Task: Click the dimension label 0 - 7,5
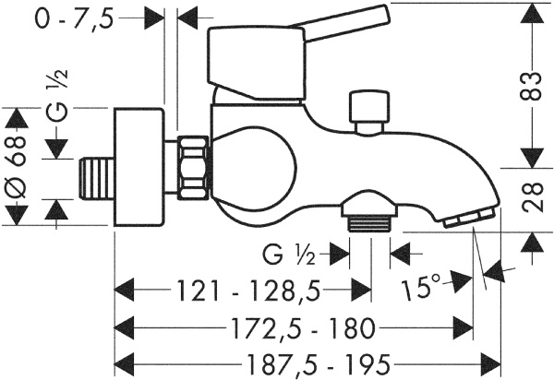(75, 18)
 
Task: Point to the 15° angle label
(423, 290)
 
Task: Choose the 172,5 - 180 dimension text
(291, 327)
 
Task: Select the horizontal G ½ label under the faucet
(292, 252)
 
